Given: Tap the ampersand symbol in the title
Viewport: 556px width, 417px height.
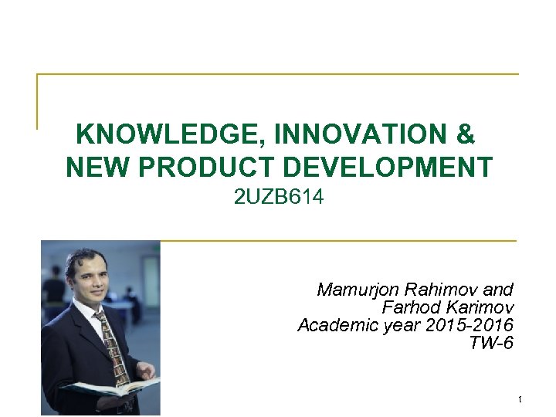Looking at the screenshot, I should (466, 135).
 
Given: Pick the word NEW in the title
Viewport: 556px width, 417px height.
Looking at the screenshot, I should (95, 167).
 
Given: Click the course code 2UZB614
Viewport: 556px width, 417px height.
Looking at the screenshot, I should (279, 198).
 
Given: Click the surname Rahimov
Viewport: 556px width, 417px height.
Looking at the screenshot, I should (440, 290).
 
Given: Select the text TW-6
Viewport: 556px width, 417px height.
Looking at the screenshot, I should (491, 343).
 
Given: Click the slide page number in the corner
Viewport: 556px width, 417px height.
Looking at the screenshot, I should (520, 399).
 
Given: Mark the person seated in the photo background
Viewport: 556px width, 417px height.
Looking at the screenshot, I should (54, 290).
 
